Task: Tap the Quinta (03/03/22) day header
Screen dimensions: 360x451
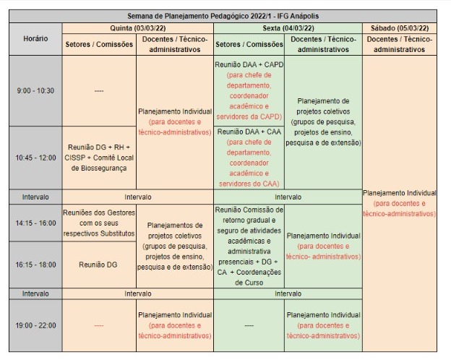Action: coord(137,27)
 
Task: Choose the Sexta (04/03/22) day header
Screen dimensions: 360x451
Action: coord(288,27)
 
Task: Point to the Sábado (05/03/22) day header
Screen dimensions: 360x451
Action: coord(400,27)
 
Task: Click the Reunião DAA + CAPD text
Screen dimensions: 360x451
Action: coord(249,64)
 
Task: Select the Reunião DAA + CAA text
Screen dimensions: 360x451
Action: coord(248,132)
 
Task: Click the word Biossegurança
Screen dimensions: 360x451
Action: coord(98,168)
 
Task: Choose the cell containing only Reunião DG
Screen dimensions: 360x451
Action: coord(98,265)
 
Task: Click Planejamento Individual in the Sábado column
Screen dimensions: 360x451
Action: coord(400,193)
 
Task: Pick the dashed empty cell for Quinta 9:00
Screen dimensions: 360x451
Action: coord(98,91)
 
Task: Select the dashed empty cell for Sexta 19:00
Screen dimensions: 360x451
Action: coord(249,325)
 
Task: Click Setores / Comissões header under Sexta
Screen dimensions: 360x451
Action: coord(249,44)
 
